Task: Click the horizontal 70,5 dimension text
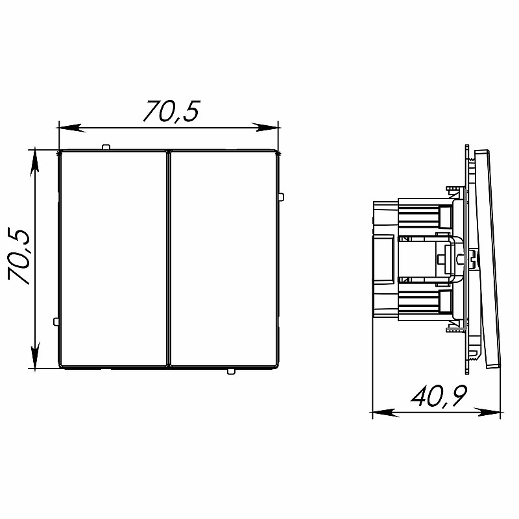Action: click(x=171, y=111)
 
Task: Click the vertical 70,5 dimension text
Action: click(x=19, y=256)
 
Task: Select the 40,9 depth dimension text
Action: click(x=439, y=396)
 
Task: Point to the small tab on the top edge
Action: click(x=106, y=147)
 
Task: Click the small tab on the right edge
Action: click(x=281, y=197)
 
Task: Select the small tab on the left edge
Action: click(x=56, y=321)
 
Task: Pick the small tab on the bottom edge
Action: click(x=231, y=371)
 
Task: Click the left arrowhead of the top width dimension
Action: click(x=70, y=128)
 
